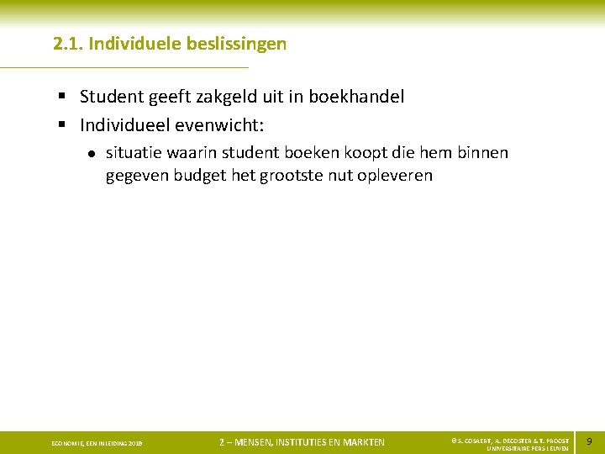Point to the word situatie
134,153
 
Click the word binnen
483,153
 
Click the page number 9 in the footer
589,441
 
